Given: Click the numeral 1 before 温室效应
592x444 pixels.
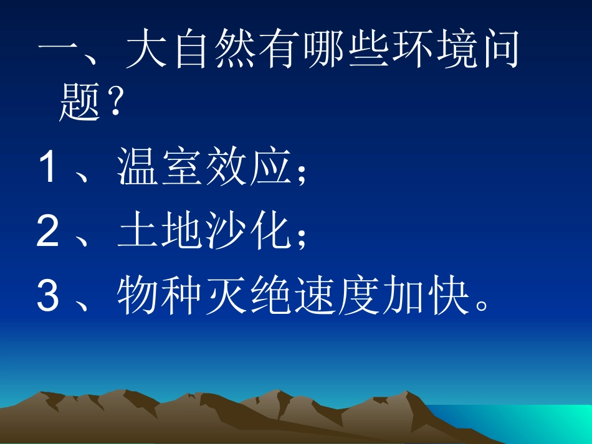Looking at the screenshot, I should (x=48, y=169).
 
